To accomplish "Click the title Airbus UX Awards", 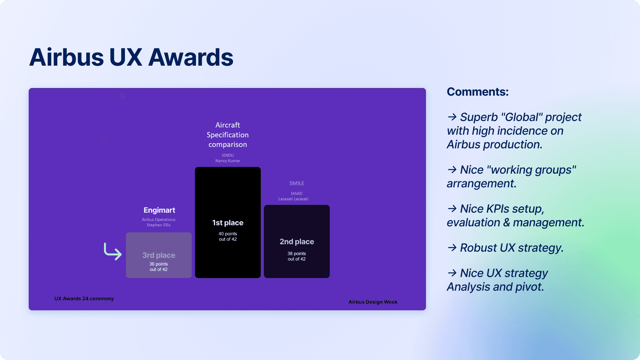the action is coord(131,57).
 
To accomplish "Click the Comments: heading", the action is coord(478,92).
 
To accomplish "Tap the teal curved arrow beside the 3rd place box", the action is coord(113,251).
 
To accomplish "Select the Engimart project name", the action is coord(159,210).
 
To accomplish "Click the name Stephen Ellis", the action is coord(159,225).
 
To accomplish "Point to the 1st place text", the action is coord(228,223).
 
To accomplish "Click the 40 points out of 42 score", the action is coord(228,236).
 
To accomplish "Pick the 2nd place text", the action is coord(297,242).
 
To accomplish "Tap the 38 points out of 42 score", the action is coord(297,256).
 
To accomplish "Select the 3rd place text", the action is coord(159,255).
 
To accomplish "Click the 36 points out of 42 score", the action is coord(159,267).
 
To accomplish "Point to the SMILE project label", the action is coord(297,183).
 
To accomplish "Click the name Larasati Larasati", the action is coord(294,199).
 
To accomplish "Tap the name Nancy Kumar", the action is coord(228,161).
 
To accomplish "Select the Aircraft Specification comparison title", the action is coord(228,135).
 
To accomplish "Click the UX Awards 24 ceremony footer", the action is coord(84,299).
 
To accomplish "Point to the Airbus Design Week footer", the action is coord(373,302).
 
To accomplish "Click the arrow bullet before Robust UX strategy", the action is coord(452,248).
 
